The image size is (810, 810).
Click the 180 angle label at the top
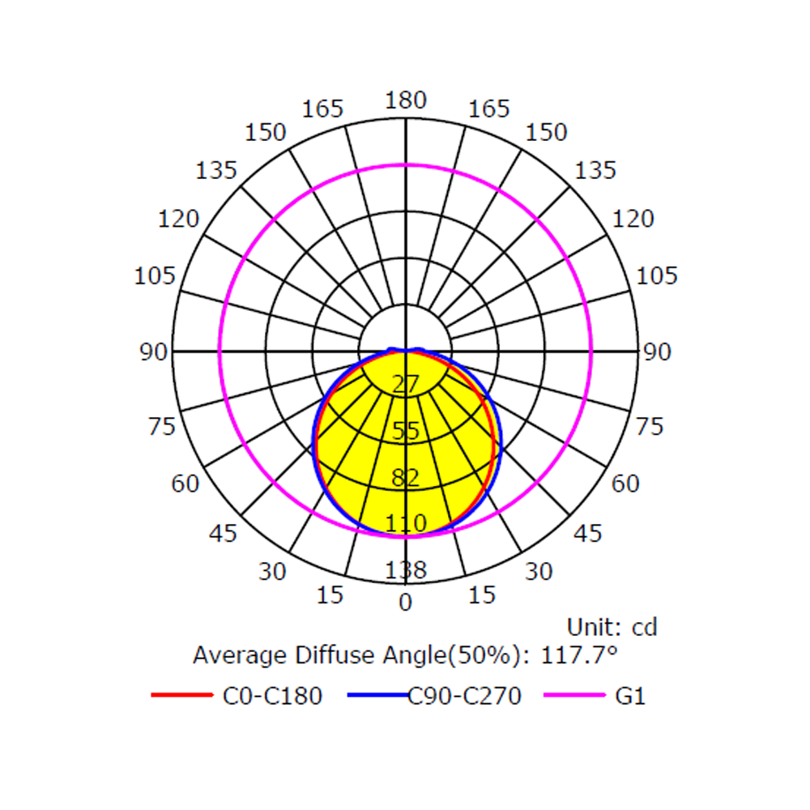point(406,100)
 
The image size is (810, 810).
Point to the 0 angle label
point(406,603)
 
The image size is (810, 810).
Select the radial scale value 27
point(406,384)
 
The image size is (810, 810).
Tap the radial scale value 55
point(406,431)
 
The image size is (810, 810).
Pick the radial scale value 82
point(406,478)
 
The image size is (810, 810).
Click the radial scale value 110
point(406,524)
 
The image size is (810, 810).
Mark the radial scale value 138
point(406,570)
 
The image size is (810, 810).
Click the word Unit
point(594,627)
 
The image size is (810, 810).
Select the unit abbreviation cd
point(645,628)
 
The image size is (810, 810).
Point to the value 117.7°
point(579,655)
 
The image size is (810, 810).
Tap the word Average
point(241,656)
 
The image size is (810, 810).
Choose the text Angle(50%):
point(457,656)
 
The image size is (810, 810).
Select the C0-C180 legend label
point(272,697)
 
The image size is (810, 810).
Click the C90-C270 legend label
point(464,697)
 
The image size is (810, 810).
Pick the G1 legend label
point(630,697)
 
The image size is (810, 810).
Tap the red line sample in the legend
point(181,695)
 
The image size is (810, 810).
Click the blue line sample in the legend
point(378,695)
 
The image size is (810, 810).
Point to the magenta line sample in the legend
point(574,695)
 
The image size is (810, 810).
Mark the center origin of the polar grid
point(406,352)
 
